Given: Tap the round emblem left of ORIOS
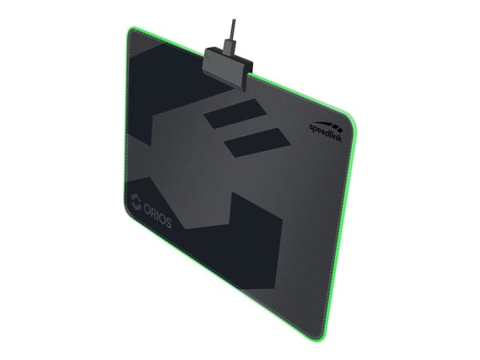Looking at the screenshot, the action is [x=136, y=202].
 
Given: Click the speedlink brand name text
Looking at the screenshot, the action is [x=326, y=132].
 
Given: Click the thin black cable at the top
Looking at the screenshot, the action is [x=234, y=30].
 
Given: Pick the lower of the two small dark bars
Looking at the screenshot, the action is [x=257, y=142].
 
